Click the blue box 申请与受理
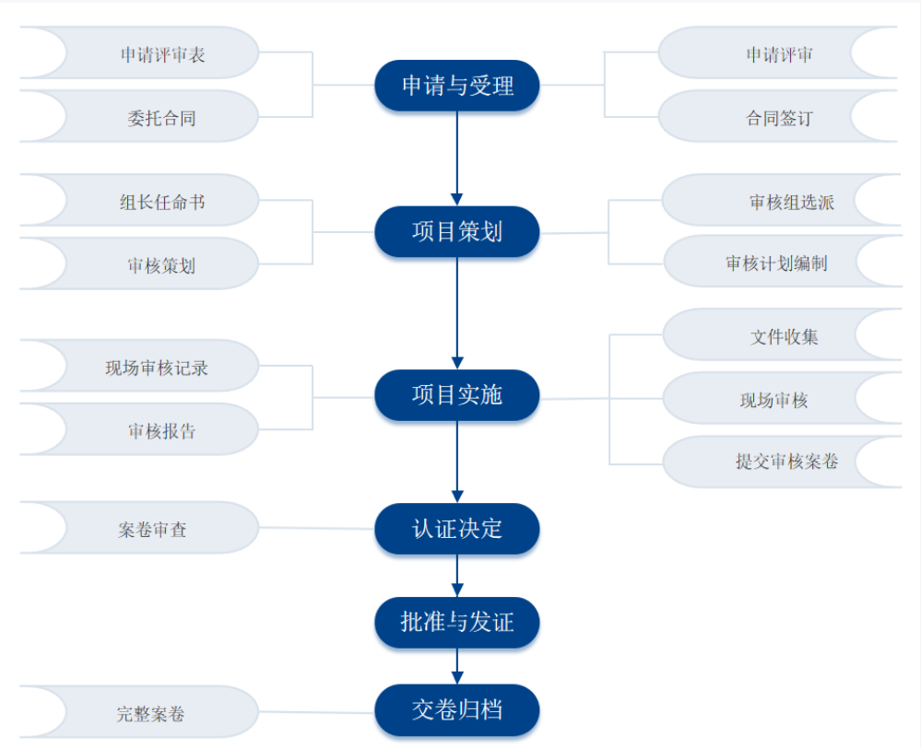click(x=456, y=86)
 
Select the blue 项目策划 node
click(x=456, y=231)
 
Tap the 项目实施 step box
click(x=456, y=395)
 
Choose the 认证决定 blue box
click(x=456, y=529)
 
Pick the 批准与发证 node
click(x=456, y=622)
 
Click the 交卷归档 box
click(x=456, y=710)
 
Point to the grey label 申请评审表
click(x=162, y=54)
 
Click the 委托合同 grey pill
click(x=162, y=118)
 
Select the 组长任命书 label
click(x=162, y=202)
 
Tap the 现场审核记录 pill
click(x=157, y=368)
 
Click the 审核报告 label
click(x=162, y=431)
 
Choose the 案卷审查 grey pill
click(x=153, y=530)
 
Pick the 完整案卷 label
click(x=153, y=713)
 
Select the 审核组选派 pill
click(x=791, y=202)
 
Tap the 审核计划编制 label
click(x=776, y=263)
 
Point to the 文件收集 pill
click(x=784, y=336)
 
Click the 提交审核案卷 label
click(x=786, y=462)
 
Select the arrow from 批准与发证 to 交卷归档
click(x=456, y=666)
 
